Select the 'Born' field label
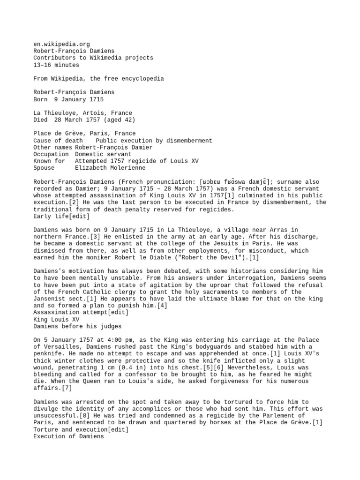pyautogui.click(x=41, y=99)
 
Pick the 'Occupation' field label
pyautogui.click(x=51, y=154)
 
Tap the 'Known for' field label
pyautogui.click(x=49, y=161)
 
